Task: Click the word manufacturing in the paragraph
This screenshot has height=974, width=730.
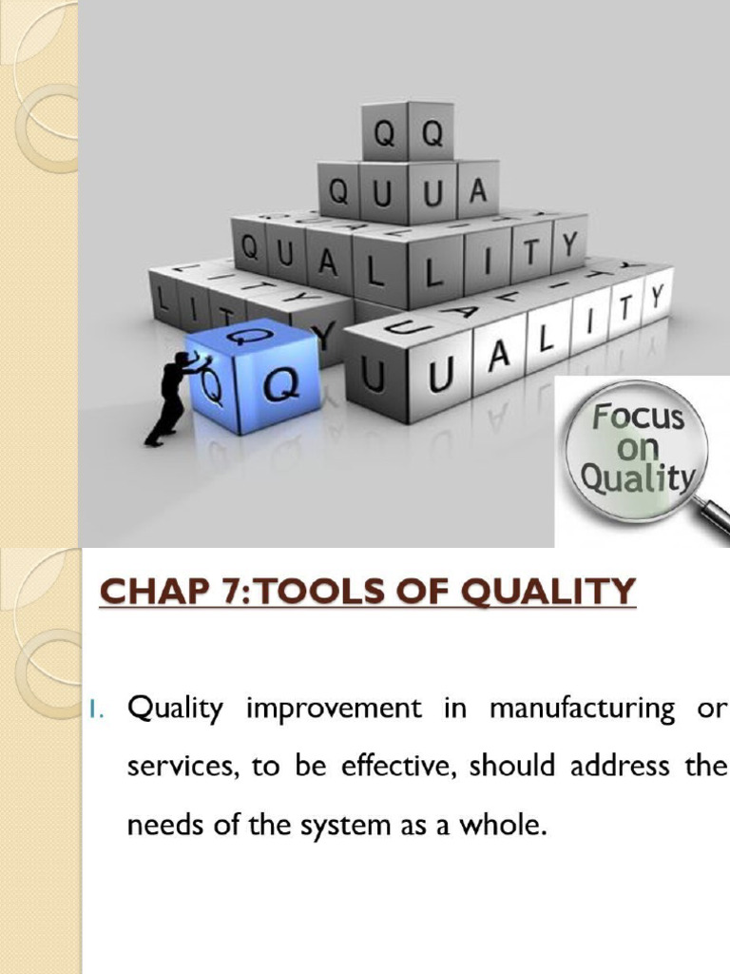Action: pos(595,709)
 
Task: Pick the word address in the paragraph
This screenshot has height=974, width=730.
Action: pos(623,767)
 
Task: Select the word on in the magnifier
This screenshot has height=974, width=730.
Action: pos(636,448)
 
